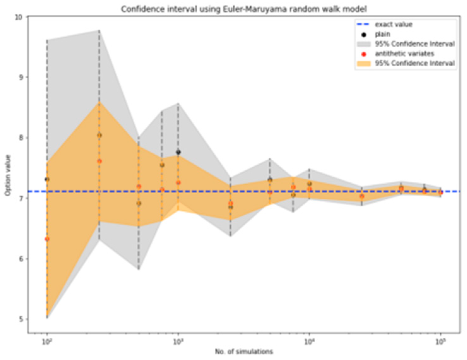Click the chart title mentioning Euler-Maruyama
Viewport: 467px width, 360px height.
244,9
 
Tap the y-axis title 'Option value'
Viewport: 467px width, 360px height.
8,175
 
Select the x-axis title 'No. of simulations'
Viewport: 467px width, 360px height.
244,351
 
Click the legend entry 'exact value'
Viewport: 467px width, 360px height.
394,24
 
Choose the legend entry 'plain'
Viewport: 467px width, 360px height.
382,34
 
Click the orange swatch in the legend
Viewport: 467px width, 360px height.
364,63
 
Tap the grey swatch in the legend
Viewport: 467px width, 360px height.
364,44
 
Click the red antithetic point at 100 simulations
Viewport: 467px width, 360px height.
47,239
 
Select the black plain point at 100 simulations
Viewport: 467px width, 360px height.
47,179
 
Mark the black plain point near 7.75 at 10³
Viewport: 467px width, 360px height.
178,152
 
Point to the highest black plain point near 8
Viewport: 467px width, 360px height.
99,135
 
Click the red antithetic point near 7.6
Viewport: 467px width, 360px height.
99,161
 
